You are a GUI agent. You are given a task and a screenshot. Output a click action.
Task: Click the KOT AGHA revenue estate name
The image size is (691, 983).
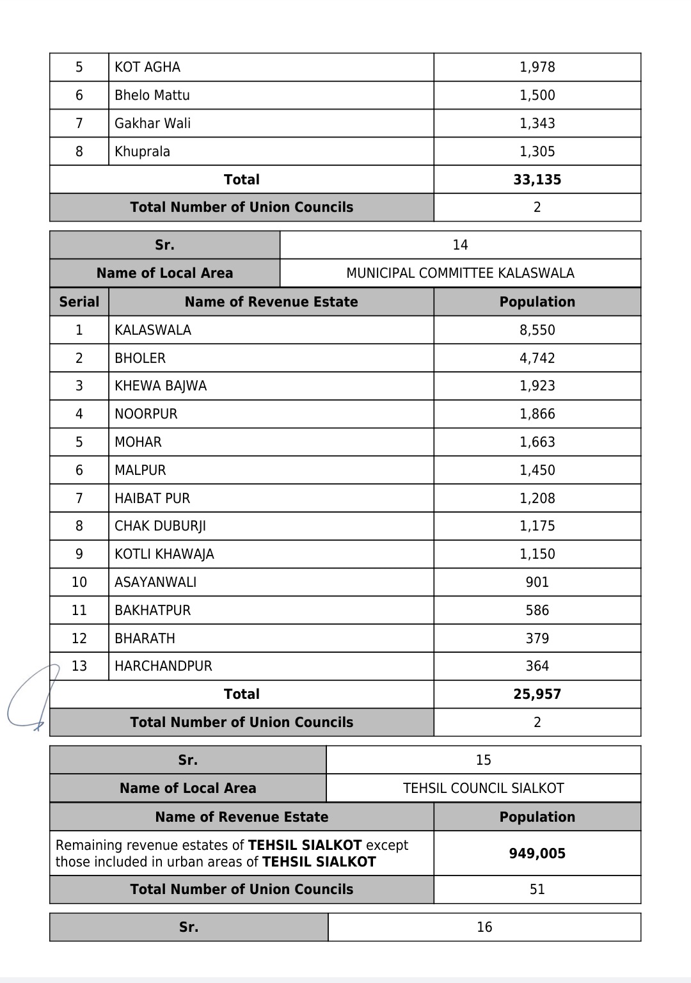pos(147,67)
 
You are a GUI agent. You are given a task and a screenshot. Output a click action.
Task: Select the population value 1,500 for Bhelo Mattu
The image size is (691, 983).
pos(537,95)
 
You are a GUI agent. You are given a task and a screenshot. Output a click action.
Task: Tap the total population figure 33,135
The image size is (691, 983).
pos(537,180)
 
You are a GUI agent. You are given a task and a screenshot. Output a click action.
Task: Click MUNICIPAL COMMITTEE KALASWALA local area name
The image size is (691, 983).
pos(460,273)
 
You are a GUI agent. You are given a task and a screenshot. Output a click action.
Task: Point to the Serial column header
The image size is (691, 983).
pos(79,302)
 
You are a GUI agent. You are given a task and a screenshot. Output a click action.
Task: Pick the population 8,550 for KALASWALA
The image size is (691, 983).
pos(537,330)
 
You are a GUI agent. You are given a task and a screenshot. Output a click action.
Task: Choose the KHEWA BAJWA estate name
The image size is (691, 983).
pos(161,386)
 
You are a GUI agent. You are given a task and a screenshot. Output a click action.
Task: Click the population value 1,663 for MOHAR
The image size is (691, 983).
pos(537,442)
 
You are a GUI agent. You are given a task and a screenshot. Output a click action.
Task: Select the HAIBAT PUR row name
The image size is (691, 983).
pos(152,499)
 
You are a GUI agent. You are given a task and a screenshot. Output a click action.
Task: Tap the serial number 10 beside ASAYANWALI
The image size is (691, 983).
pos(79,582)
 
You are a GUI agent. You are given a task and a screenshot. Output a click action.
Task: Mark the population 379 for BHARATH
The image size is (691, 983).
pos(537,639)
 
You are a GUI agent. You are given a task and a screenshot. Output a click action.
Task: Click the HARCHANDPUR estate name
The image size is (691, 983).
pos(163,666)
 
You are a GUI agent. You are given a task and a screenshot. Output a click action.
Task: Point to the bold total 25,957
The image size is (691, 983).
pos(537,694)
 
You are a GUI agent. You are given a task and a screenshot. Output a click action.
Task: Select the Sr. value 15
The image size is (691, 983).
pos(483,760)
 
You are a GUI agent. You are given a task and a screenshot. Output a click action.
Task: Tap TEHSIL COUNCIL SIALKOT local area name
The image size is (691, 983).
pos(483,788)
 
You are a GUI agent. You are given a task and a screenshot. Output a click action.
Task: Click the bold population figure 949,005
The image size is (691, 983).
pos(537,854)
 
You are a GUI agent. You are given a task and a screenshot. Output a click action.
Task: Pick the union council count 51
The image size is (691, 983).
pos(537,890)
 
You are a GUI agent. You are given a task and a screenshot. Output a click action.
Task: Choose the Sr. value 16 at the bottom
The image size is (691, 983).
pos(484,927)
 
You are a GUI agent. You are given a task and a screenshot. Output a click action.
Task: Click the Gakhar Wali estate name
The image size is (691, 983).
pos(152,124)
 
